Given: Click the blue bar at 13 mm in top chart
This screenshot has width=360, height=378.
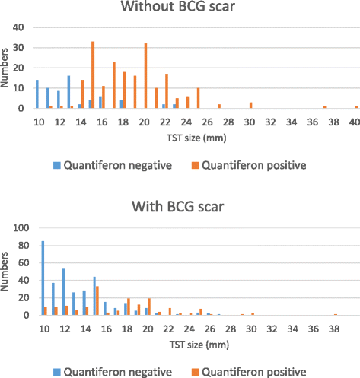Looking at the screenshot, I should click(x=68, y=92).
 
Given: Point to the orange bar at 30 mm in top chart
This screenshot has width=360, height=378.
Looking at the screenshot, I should click(x=250, y=105).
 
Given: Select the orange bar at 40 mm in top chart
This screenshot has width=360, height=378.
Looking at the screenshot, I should click(x=355, y=106).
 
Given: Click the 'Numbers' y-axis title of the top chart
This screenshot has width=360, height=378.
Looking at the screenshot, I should click(x=7, y=68).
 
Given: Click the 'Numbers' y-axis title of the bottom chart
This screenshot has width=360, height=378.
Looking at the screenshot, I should click(x=7, y=271).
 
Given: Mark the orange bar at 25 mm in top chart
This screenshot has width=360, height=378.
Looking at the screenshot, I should click(x=198, y=98).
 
